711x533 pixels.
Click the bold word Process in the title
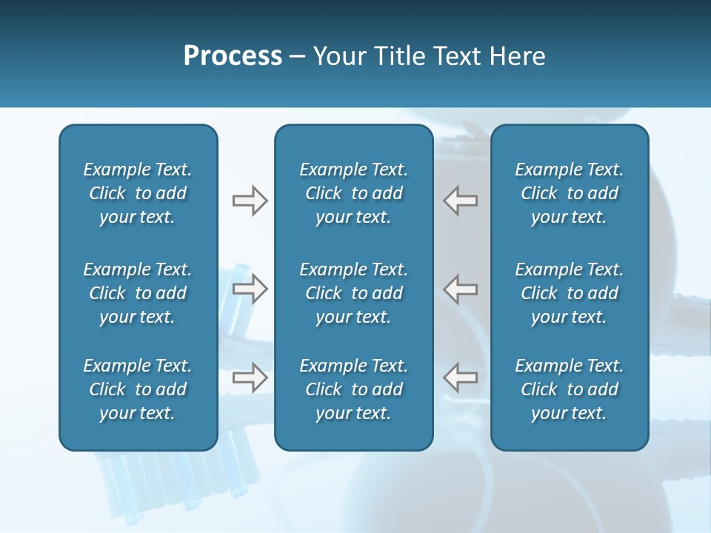tap(233, 56)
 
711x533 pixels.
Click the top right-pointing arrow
tap(250, 201)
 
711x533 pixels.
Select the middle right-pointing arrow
tap(250, 289)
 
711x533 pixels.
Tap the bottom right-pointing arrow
tap(250, 378)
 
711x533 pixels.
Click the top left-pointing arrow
tap(460, 201)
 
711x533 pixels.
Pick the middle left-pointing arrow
tap(460, 289)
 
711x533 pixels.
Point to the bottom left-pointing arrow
tap(460, 378)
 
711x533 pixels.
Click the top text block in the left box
tap(138, 193)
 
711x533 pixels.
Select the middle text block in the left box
tap(138, 293)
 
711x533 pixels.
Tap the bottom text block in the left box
tap(138, 389)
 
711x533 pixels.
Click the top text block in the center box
tap(353, 193)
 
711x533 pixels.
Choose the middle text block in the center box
tap(353, 293)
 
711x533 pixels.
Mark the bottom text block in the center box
tap(353, 389)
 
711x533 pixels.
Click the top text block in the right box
tap(569, 193)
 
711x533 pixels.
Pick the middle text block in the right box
tap(569, 293)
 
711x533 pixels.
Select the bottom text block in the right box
tap(569, 389)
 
